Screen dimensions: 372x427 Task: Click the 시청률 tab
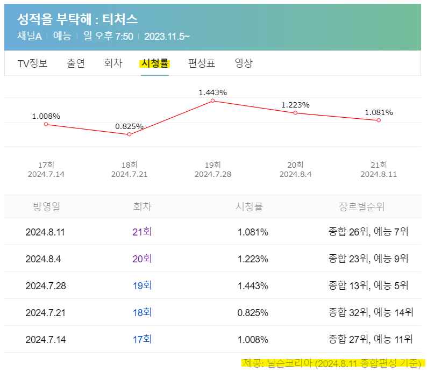155,63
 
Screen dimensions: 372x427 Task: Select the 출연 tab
76,63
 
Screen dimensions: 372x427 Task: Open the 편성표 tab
202,63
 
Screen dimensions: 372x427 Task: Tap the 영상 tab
244,63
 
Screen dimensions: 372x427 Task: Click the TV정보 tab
33,63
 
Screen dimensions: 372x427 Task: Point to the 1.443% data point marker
213,101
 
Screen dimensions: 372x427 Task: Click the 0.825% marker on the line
130,134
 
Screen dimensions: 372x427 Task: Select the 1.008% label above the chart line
46,116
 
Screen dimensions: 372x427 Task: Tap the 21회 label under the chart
379,165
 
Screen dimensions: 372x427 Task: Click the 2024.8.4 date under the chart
295,174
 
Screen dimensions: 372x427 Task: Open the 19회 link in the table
142,285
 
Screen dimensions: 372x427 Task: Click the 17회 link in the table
142,339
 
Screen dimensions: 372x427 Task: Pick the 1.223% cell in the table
253,259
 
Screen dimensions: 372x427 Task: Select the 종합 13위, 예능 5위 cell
368,285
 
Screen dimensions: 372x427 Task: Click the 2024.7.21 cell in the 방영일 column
46,312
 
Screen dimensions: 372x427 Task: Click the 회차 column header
142,207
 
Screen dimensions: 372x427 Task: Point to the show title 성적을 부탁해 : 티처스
78,20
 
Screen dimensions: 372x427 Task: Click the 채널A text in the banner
30,37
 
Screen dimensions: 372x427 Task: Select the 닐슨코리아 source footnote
331,363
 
